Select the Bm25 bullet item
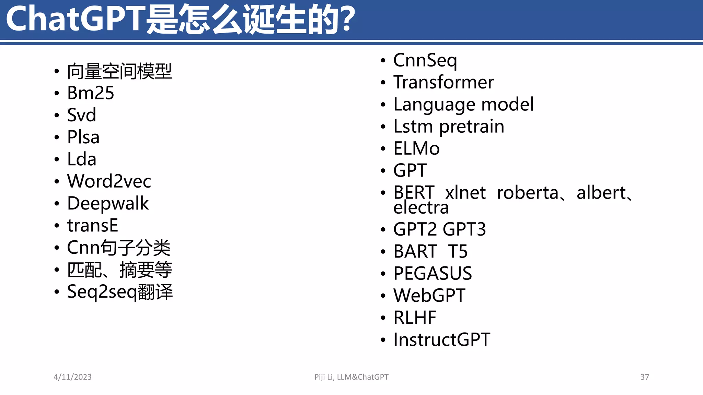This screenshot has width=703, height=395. point(91,93)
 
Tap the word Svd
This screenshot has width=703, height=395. point(81,115)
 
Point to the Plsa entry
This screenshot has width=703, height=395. point(83,137)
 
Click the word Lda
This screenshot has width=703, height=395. point(82,159)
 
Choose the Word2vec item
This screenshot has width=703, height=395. point(109,181)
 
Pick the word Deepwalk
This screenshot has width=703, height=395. point(108,203)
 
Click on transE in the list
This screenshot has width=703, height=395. point(93,225)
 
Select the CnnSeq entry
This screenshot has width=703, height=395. point(425,60)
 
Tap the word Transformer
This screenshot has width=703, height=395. point(443,82)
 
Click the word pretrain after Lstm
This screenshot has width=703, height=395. point(472,127)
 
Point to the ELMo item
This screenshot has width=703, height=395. point(416,148)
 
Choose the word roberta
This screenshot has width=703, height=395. point(528,193)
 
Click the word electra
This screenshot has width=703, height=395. point(421,207)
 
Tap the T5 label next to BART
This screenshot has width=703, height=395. point(458,251)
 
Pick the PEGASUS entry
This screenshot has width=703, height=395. point(433,273)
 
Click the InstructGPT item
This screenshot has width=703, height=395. point(442,339)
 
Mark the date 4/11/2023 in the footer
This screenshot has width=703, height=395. point(73,377)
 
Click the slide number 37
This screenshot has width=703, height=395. point(645,377)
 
